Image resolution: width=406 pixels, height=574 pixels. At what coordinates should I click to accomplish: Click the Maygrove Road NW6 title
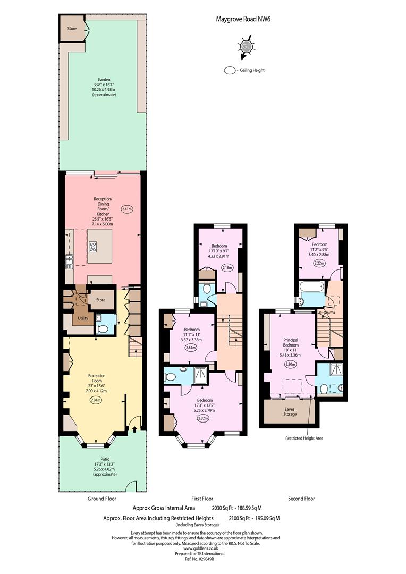point(243,19)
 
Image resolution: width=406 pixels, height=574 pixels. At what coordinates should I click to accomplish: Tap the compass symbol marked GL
point(246,46)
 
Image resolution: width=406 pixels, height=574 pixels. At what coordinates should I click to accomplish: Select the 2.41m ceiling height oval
point(126,209)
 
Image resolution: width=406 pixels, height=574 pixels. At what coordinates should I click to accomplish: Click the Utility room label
point(83,318)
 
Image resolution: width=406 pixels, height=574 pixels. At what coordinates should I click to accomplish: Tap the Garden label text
point(104,79)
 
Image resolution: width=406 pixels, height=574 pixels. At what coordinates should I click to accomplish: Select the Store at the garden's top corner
point(72,28)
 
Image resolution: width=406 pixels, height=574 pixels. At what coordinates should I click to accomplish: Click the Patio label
point(105,459)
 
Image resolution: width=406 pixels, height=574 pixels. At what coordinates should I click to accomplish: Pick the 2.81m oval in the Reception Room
point(95,400)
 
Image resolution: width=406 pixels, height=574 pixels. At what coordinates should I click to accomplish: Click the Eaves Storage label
point(290,411)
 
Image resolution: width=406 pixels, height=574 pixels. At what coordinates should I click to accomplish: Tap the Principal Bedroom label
point(291,342)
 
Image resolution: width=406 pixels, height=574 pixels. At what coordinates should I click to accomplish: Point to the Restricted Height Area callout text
point(304,438)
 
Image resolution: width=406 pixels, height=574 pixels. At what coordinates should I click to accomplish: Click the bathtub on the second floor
point(311,286)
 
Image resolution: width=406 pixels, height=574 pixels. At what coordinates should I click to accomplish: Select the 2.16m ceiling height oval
point(227,267)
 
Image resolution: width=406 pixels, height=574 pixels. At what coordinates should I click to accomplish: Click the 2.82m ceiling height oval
point(202,418)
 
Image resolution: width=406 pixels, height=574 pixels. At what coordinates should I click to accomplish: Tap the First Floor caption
point(202,499)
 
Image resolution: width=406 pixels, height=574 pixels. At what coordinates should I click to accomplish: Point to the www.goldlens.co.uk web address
point(201,548)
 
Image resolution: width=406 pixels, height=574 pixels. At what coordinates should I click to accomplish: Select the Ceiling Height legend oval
point(230,70)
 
